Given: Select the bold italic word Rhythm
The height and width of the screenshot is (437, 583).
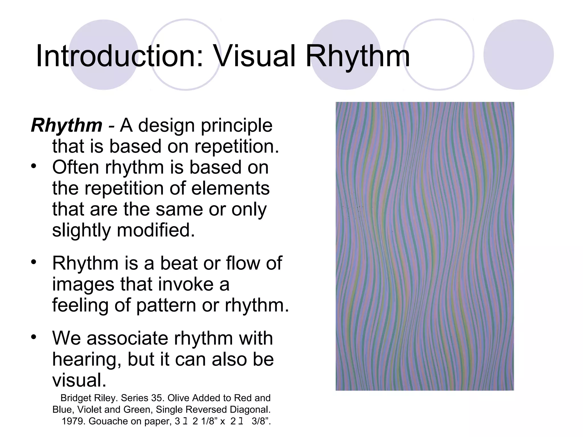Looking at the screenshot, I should pos(67,125).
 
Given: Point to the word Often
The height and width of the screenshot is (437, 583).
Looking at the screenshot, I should pos(76,167).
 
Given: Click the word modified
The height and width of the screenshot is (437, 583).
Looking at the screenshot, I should pos(156,230).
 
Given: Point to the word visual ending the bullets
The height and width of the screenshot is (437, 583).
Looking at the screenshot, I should pos(79,380).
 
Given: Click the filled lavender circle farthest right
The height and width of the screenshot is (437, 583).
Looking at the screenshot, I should pos(518,55).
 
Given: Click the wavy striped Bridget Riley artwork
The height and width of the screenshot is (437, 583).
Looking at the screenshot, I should pos(425,246).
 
